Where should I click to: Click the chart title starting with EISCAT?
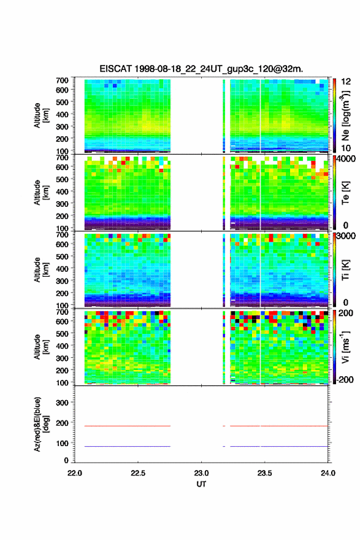click(201, 69)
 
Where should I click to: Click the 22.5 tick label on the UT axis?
click(137, 473)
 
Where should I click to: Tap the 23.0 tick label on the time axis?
click(201, 473)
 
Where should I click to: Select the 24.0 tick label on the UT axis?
click(328, 473)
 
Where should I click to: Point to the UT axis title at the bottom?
click(201, 484)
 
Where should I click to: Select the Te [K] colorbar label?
click(345, 193)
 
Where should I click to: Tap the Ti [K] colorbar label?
click(345, 270)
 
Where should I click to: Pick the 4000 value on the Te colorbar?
click(345, 160)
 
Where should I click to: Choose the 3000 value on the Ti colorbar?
click(345, 236)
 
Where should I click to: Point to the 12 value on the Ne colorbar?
click(346, 82)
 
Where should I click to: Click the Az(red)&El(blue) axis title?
click(40, 424)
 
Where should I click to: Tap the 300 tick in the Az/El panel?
click(63, 403)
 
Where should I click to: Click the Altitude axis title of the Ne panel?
click(40, 116)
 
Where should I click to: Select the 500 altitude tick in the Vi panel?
click(63, 334)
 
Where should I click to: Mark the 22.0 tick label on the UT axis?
click(75, 473)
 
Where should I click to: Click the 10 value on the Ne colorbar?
click(346, 148)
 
